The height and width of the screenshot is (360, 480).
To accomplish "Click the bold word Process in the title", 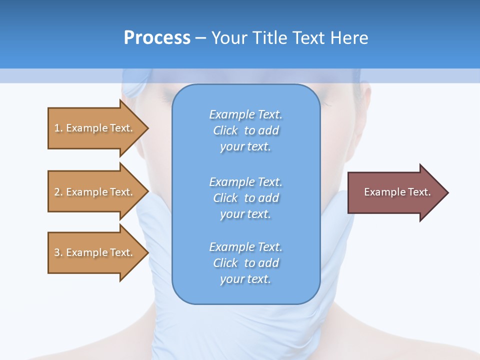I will coord(157,37).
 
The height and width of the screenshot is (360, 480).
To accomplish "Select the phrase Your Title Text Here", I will coord(289,37).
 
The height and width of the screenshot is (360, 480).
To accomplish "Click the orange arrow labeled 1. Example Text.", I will coord(95,128).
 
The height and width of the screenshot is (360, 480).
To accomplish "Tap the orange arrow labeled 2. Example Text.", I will coord(95,192).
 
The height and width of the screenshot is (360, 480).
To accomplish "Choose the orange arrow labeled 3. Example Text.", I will coord(95,252).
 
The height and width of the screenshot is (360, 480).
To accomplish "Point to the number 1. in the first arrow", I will coord(58,128).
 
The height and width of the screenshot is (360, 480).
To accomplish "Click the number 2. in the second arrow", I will coord(58,192).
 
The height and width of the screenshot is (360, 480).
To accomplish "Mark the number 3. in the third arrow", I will coord(58,252).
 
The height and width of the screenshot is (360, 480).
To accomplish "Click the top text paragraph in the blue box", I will coord(245,130).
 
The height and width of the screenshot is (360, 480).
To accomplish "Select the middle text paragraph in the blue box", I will coord(245,198).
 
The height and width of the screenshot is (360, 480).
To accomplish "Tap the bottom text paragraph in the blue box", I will coord(245,263).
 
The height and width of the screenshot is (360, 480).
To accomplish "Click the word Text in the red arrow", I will coord(419,192).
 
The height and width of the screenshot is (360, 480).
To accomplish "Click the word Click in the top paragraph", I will coord(225,130).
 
